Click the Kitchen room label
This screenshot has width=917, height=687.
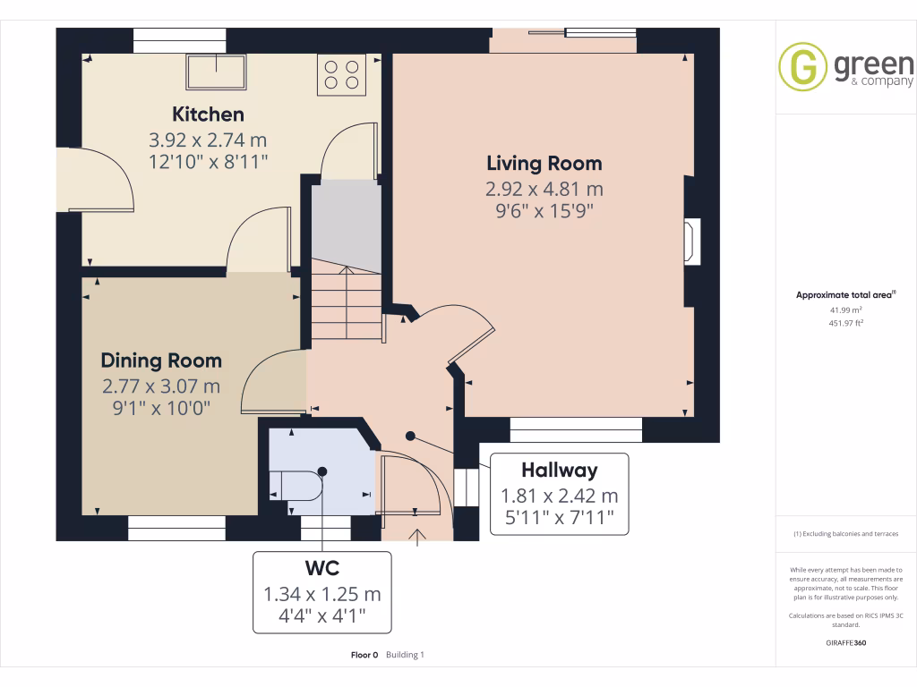(208, 114)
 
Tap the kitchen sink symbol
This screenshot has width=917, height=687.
(217, 72)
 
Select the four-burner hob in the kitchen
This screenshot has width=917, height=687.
(341, 75)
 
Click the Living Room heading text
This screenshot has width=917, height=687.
(544, 164)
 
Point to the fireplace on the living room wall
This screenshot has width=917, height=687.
(692, 242)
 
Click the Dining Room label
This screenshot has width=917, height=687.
(161, 361)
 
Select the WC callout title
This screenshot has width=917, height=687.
(322, 568)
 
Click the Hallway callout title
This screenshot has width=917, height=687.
(560, 471)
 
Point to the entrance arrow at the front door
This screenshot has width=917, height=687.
(417, 538)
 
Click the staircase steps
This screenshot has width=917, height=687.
(347, 299)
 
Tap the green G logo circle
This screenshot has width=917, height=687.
(802, 66)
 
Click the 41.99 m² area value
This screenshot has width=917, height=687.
(845, 310)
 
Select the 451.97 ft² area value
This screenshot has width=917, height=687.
(845, 323)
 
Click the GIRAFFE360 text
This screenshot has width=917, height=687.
(845, 643)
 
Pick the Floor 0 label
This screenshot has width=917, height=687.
(364, 655)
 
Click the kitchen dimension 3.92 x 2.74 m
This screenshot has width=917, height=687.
(208, 140)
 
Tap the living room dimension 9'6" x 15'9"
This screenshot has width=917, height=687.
(544, 211)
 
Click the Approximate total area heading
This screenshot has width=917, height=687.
(845, 295)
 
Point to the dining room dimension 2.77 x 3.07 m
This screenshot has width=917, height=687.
(161, 386)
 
